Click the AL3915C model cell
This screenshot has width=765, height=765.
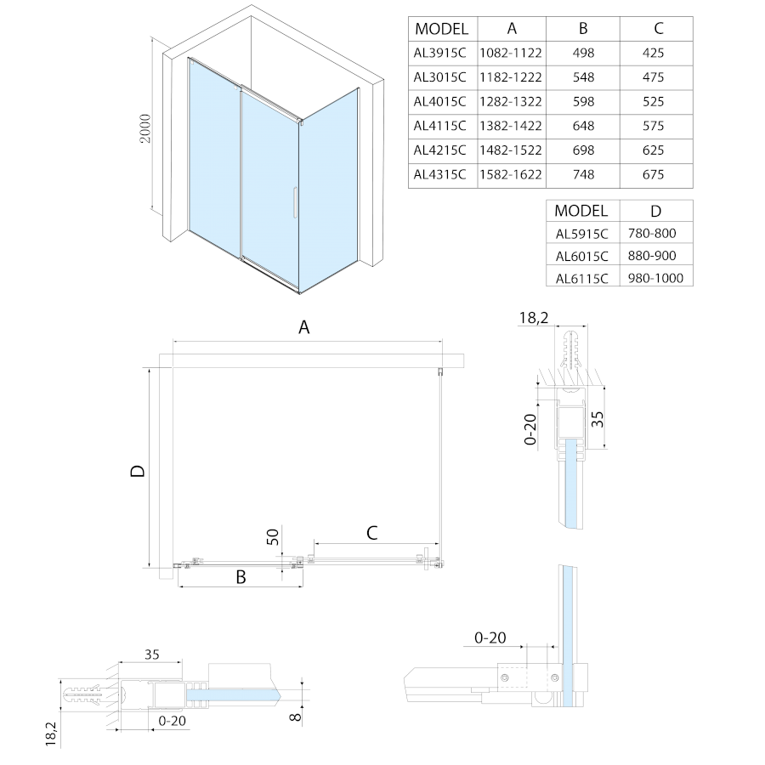click(440, 53)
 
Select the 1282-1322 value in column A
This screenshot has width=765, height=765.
click(510, 101)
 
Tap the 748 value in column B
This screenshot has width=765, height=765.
click(582, 175)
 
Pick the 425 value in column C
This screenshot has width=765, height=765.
click(654, 53)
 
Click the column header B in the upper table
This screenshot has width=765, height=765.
click(582, 28)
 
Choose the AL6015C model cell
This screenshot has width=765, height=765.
click(582, 256)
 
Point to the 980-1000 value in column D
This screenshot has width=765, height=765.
click(655, 278)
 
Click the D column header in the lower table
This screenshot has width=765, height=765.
click(655, 211)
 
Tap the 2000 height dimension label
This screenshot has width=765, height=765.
click(145, 127)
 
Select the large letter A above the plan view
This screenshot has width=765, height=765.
click(304, 326)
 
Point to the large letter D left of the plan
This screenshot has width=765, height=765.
click(137, 471)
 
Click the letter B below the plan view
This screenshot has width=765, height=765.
click(241, 577)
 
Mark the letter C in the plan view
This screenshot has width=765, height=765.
click(371, 533)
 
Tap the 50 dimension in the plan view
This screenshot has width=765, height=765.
click(272, 536)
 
